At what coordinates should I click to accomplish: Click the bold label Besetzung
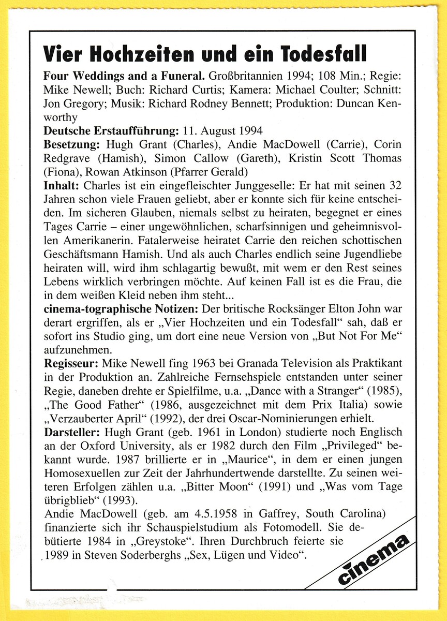tap(72, 144)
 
